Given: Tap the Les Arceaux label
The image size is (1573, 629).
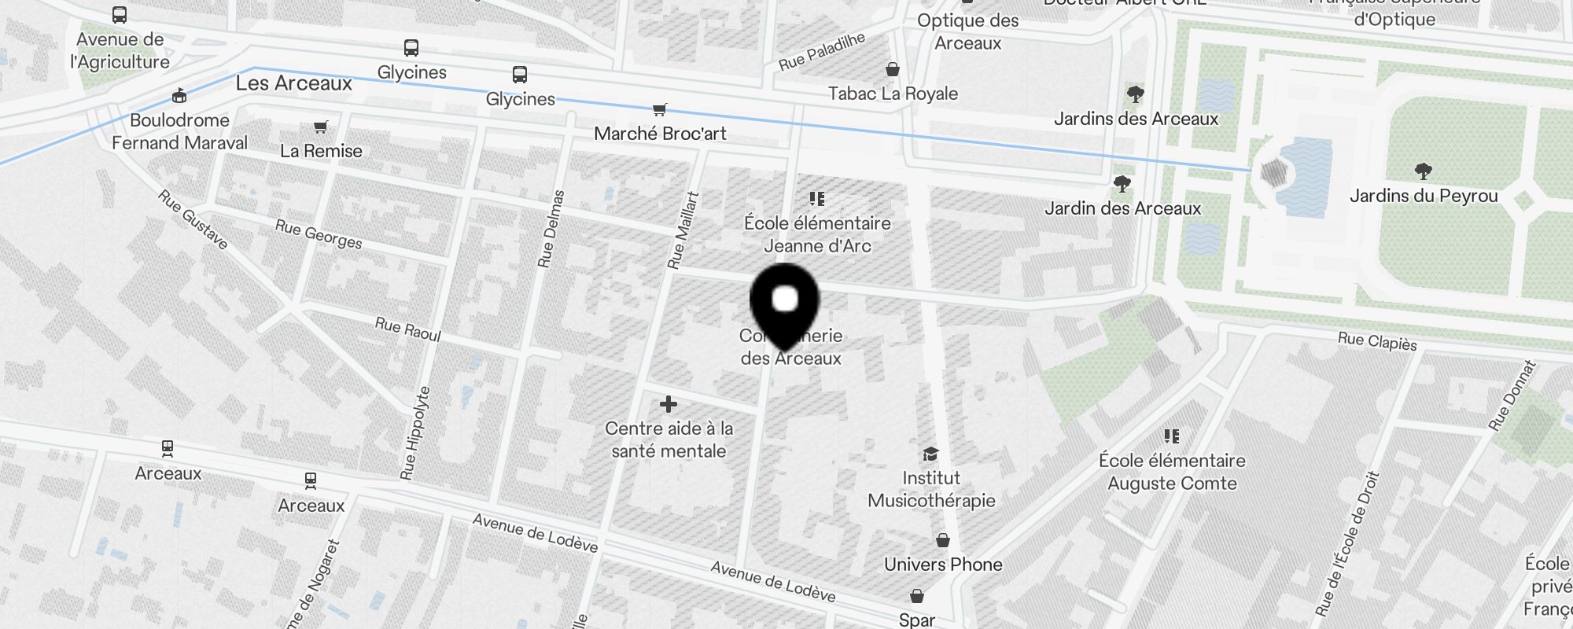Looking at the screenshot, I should (x=294, y=83).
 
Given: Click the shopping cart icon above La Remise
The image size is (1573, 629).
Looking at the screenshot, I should (x=320, y=127).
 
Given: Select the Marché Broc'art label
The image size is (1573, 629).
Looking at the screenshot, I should (x=660, y=134).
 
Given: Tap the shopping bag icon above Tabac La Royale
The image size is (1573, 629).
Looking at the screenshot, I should (x=892, y=70).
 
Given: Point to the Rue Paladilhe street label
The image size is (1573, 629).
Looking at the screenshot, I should (x=822, y=51).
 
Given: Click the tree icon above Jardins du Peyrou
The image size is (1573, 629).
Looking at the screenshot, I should (x=1423, y=171).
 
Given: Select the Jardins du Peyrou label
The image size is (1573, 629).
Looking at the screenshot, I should (x=1424, y=196).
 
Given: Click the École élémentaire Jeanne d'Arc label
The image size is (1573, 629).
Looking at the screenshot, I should (x=817, y=234).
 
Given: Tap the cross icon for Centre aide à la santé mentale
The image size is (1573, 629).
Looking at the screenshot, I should (x=669, y=405).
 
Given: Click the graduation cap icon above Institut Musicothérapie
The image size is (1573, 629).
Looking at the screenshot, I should (x=930, y=454).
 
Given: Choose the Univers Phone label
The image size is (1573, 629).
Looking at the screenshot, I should (x=943, y=565).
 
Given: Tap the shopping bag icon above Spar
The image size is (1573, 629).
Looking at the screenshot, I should (x=916, y=596).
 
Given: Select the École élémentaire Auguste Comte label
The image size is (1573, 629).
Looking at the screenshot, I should (x=1172, y=472).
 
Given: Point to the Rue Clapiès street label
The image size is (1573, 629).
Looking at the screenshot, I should (x=1377, y=341).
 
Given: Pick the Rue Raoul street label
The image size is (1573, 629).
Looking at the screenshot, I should (x=407, y=329).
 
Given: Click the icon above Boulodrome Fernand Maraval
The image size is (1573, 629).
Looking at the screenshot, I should (x=179, y=96).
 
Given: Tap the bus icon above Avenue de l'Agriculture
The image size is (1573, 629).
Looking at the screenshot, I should (x=120, y=15).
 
